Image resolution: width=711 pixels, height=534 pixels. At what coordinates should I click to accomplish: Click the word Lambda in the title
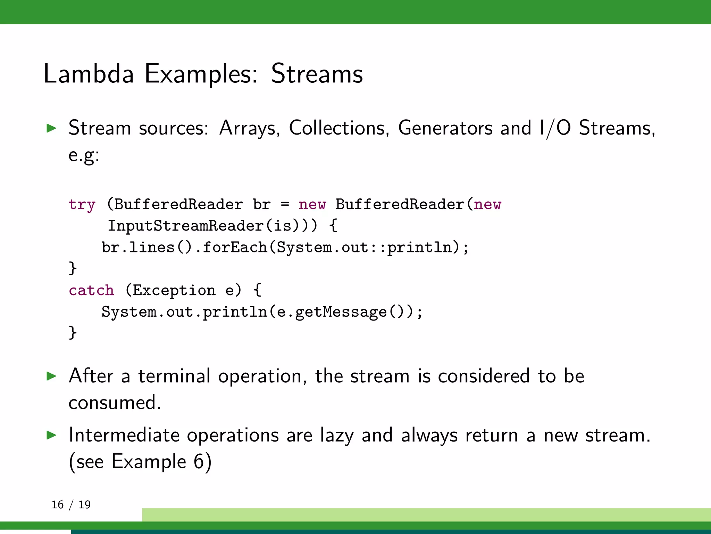coord(89,74)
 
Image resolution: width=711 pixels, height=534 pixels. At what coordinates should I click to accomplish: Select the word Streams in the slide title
coord(317,74)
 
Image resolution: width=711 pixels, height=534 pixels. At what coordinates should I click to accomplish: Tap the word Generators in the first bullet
coord(445,128)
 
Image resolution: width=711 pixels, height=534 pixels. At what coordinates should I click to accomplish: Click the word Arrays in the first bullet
coord(249,128)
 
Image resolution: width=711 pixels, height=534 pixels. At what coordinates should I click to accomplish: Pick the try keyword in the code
coord(82,204)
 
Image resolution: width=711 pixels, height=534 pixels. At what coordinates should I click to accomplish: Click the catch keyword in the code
coord(91,290)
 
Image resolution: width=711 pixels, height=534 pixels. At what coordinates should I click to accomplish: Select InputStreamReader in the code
coord(185,226)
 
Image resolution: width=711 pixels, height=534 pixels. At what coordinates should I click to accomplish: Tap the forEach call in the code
coord(234,248)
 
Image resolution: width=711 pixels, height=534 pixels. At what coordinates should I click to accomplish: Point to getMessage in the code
coord(341,312)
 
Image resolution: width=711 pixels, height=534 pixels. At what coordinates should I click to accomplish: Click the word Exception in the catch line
coord(174,290)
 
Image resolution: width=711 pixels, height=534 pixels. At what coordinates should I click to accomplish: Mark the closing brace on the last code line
coord(73,332)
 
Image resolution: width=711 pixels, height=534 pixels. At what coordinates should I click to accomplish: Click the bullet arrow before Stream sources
coord(51,128)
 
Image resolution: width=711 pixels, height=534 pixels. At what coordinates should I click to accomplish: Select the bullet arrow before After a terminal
coord(51,376)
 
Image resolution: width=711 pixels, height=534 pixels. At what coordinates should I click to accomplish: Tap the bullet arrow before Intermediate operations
coord(51,435)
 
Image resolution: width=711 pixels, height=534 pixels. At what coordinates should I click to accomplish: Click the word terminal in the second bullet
coord(174,376)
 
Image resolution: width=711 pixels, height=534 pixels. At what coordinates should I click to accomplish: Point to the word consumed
coord(115,403)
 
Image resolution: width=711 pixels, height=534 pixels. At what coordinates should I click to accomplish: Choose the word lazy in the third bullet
coord(336,435)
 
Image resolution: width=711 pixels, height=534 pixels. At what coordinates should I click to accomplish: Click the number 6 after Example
coord(199,462)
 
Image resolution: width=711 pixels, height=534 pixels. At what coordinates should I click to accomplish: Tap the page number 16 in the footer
coord(58,504)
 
